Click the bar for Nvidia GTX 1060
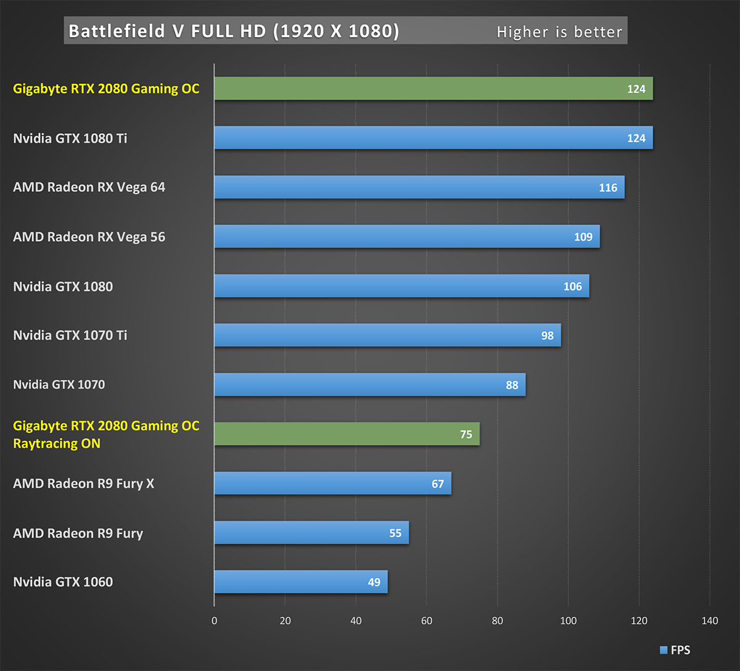click(x=301, y=582)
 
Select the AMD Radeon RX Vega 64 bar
click(x=419, y=187)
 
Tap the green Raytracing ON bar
click(x=347, y=434)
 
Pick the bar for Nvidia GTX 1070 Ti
click(x=387, y=335)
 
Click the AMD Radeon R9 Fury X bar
click(x=332, y=484)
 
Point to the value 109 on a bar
click(x=583, y=237)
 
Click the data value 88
click(x=512, y=385)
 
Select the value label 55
click(x=395, y=533)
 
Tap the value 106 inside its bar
click(x=572, y=286)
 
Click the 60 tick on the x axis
click(x=427, y=620)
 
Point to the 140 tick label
click(x=710, y=620)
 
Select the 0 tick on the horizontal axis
click(x=215, y=620)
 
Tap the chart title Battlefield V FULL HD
click(x=234, y=31)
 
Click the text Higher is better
click(x=559, y=32)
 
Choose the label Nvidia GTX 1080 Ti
click(x=70, y=138)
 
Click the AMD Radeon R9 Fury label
click(x=78, y=533)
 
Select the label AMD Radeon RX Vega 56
click(x=89, y=237)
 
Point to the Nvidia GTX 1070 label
click(x=59, y=385)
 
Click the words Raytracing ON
click(x=57, y=443)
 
